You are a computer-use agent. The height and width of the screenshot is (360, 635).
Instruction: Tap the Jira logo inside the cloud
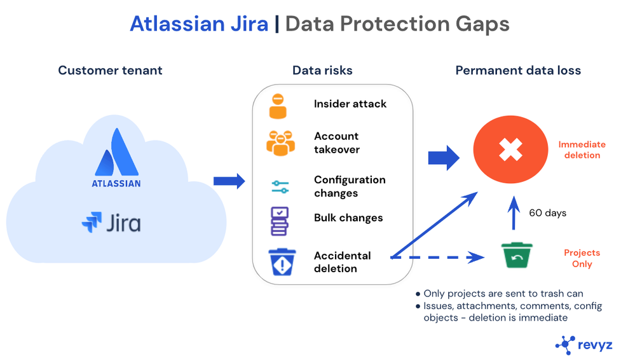click(112, 223)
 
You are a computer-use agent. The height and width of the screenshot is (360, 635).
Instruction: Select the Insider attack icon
click(278, 106)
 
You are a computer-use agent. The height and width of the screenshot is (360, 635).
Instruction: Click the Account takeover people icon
click(280, 143)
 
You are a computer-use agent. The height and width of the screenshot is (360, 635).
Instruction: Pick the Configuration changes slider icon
click(280, 187)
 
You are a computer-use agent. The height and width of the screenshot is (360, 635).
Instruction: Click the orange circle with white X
click(510, 150)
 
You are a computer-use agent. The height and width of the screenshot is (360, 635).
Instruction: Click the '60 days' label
click(547, 212)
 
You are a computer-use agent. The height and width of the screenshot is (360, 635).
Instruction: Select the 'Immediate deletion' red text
click(582, 150)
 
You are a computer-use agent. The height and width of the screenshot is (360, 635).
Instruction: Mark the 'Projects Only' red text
click(582, 258)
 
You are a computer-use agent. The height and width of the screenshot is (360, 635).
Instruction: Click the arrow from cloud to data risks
click(229, 181)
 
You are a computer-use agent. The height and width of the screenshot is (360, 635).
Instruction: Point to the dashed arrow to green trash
click(439, 258)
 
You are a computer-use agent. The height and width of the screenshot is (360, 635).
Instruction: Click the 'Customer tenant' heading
click(110, 71)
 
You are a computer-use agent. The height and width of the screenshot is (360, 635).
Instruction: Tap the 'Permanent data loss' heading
click(518, 71)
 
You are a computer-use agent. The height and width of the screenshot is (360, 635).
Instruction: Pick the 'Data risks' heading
click(322, 71)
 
